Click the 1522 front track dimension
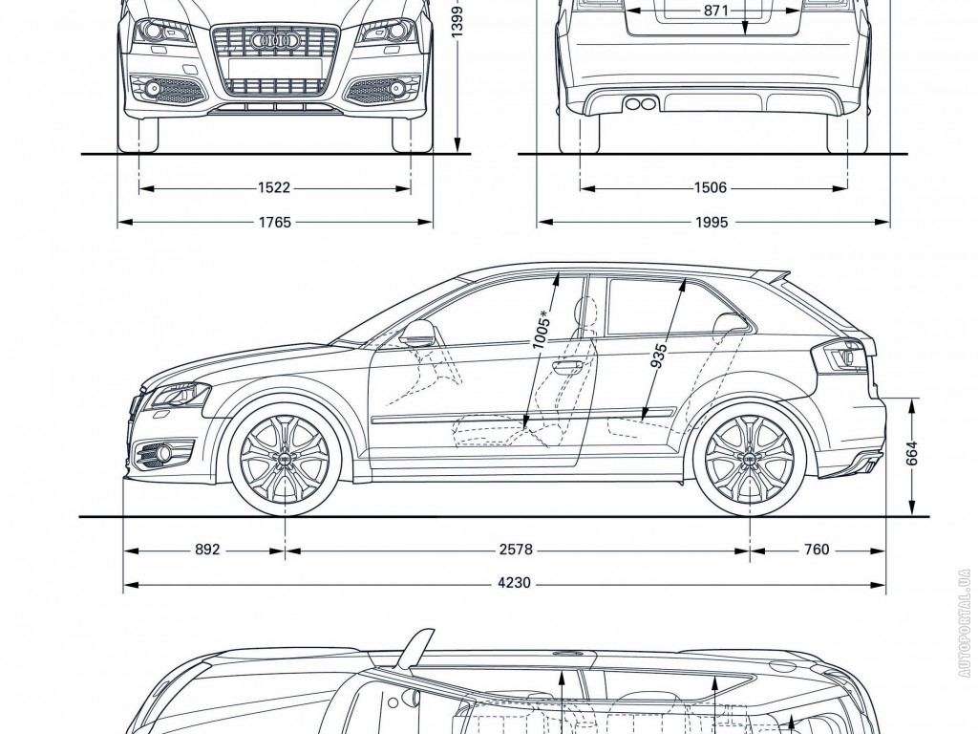273,188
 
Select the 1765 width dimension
273,223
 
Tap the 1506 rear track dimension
711,188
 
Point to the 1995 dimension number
711,223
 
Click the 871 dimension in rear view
715,11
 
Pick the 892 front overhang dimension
207,550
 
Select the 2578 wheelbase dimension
515,550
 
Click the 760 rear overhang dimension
817,550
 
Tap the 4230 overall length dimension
515,583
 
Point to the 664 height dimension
912,453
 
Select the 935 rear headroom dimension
659,356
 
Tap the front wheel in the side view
284,462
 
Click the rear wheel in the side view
749,462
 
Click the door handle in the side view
568,365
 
